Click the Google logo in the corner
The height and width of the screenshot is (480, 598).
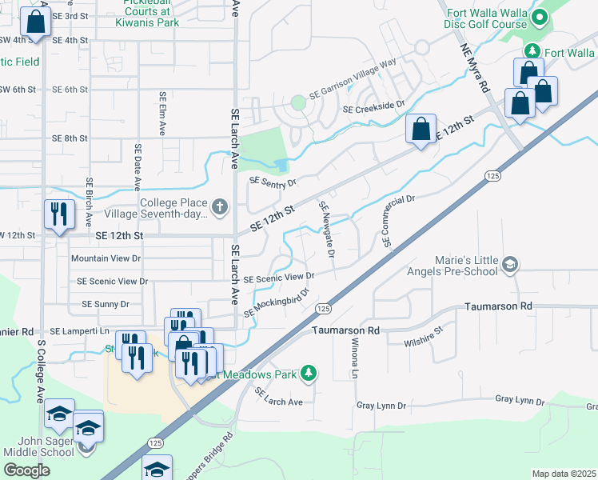point(27,470)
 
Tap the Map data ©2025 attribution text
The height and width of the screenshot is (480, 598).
point(564,474)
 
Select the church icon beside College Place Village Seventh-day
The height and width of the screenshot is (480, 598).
point(221,208)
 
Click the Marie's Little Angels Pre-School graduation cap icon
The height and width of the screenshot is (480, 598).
point(508,263)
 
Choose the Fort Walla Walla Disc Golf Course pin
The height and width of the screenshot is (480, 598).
point(540,17)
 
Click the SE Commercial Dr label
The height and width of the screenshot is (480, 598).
point(401,221)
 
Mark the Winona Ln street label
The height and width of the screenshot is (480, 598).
point(354,358)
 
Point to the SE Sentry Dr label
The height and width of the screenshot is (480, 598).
point(273,182)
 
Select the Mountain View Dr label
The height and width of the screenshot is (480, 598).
point(106,258)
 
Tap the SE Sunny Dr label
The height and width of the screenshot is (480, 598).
point(106,304)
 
